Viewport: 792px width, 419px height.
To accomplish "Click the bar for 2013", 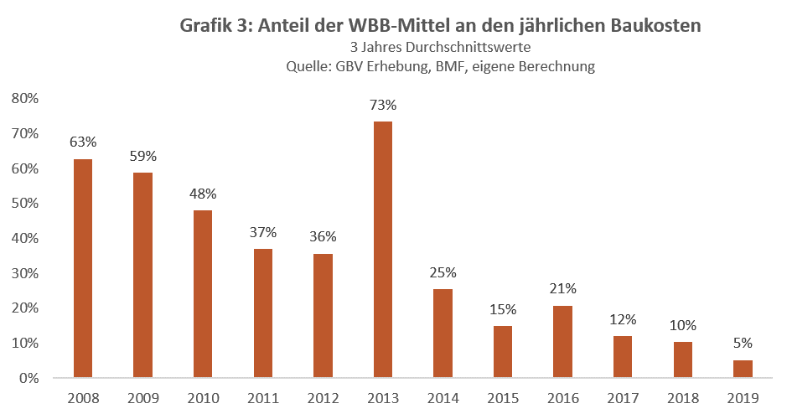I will tap(382, 250).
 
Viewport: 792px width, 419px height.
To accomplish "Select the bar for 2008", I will tap(83, 268).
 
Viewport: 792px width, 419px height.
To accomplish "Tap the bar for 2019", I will tap(743, 369).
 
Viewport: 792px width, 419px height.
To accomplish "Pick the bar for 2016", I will tap(562, 342).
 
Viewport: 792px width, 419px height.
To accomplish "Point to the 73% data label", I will tap(382, 106).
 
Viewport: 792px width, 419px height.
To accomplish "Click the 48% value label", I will tap(203, 194).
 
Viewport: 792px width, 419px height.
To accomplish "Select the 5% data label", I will tap(743, 343).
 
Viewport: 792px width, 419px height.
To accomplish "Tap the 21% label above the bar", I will tap(562, 289).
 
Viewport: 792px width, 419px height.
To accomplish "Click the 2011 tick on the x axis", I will tap(262, 399).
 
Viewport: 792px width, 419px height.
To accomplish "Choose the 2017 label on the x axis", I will tap(622, 399).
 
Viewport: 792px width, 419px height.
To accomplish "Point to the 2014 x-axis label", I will tap(443, 399).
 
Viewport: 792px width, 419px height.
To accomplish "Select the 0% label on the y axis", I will tap(30, 378).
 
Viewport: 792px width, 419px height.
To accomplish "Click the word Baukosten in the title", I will tap(658, 26).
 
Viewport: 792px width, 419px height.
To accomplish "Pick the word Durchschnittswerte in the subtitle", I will tap(474, 48).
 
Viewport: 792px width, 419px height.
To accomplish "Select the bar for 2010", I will tap(203, 294).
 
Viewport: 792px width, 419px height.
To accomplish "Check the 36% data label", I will tap(323, 236).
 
